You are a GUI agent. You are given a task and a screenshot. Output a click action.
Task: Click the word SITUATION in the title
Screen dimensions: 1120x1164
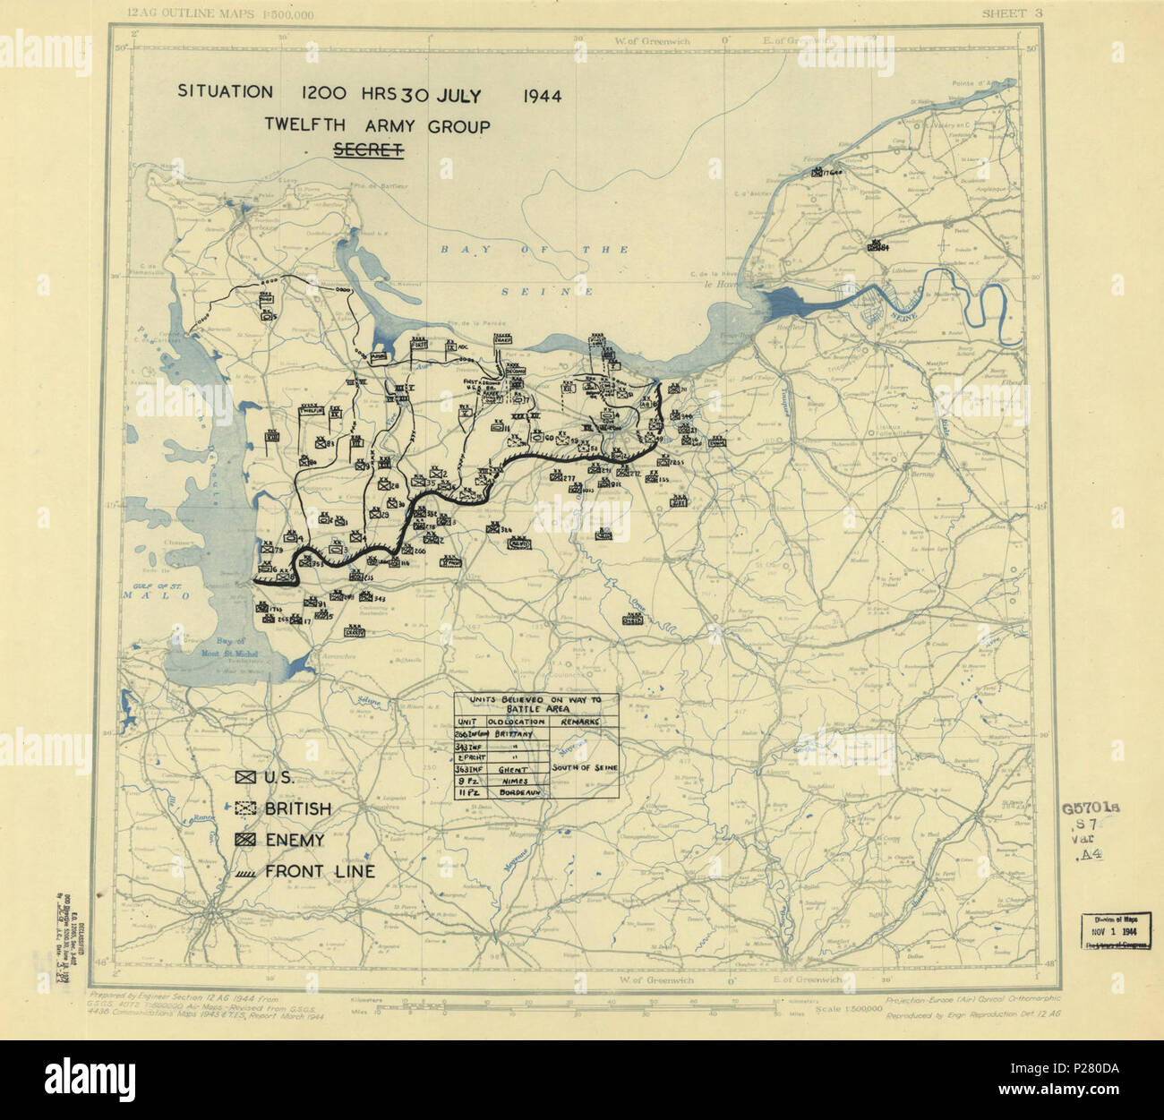point(225,91)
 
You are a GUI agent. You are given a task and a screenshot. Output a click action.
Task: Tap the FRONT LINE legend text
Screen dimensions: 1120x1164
point(320,872)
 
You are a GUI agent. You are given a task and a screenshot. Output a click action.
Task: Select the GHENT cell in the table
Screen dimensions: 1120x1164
point(507,768)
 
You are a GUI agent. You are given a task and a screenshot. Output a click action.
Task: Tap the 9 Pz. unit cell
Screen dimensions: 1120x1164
point(468,781)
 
